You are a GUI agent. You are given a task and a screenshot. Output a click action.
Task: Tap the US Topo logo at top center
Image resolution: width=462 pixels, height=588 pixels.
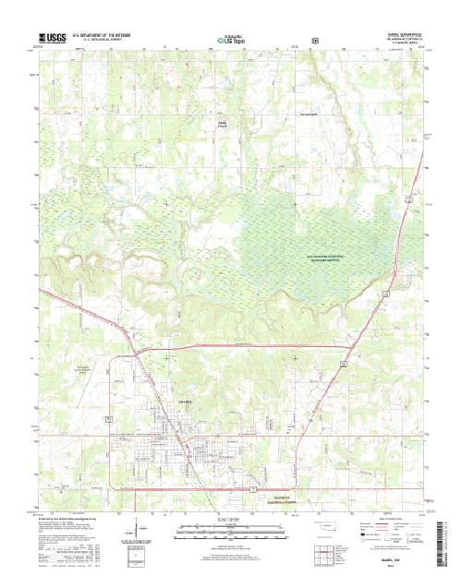tap(231, 41)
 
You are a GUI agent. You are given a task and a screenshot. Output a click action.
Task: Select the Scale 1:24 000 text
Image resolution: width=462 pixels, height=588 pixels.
tap(230, 522)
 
